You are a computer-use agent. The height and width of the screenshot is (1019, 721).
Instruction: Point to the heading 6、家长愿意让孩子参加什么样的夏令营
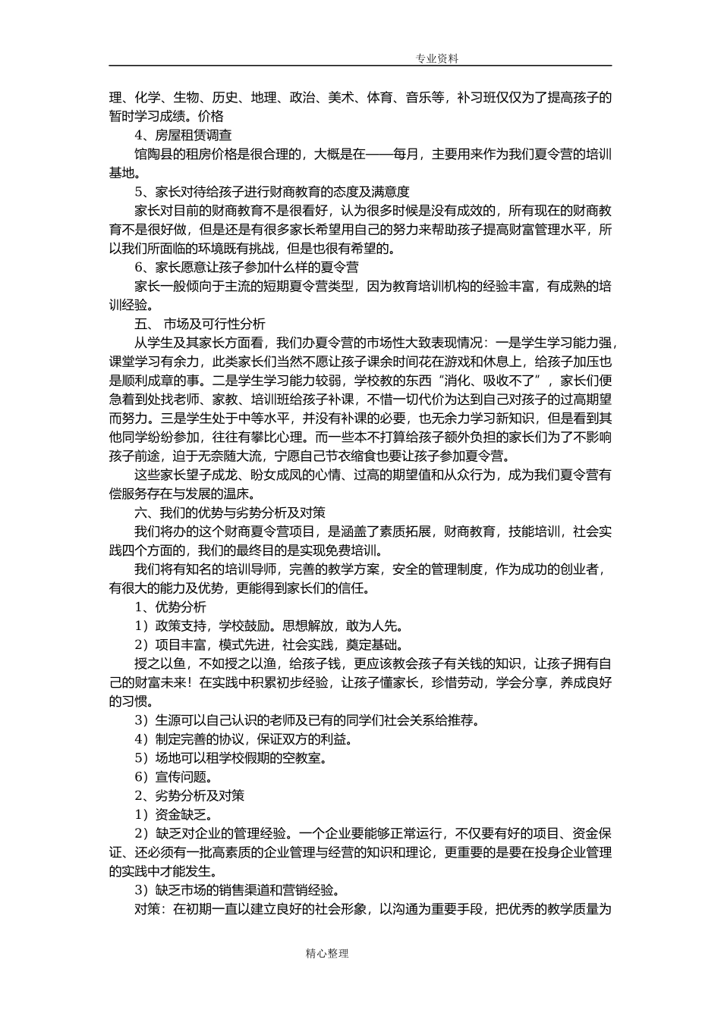click(x=247, y=267)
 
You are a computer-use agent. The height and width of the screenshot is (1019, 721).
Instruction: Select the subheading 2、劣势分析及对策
click(x=189, y=795)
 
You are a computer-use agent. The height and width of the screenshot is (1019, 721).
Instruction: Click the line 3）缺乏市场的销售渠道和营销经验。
click(x=238, y=890)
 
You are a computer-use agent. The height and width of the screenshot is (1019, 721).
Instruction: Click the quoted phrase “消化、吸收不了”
click(x=486, y=380)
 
